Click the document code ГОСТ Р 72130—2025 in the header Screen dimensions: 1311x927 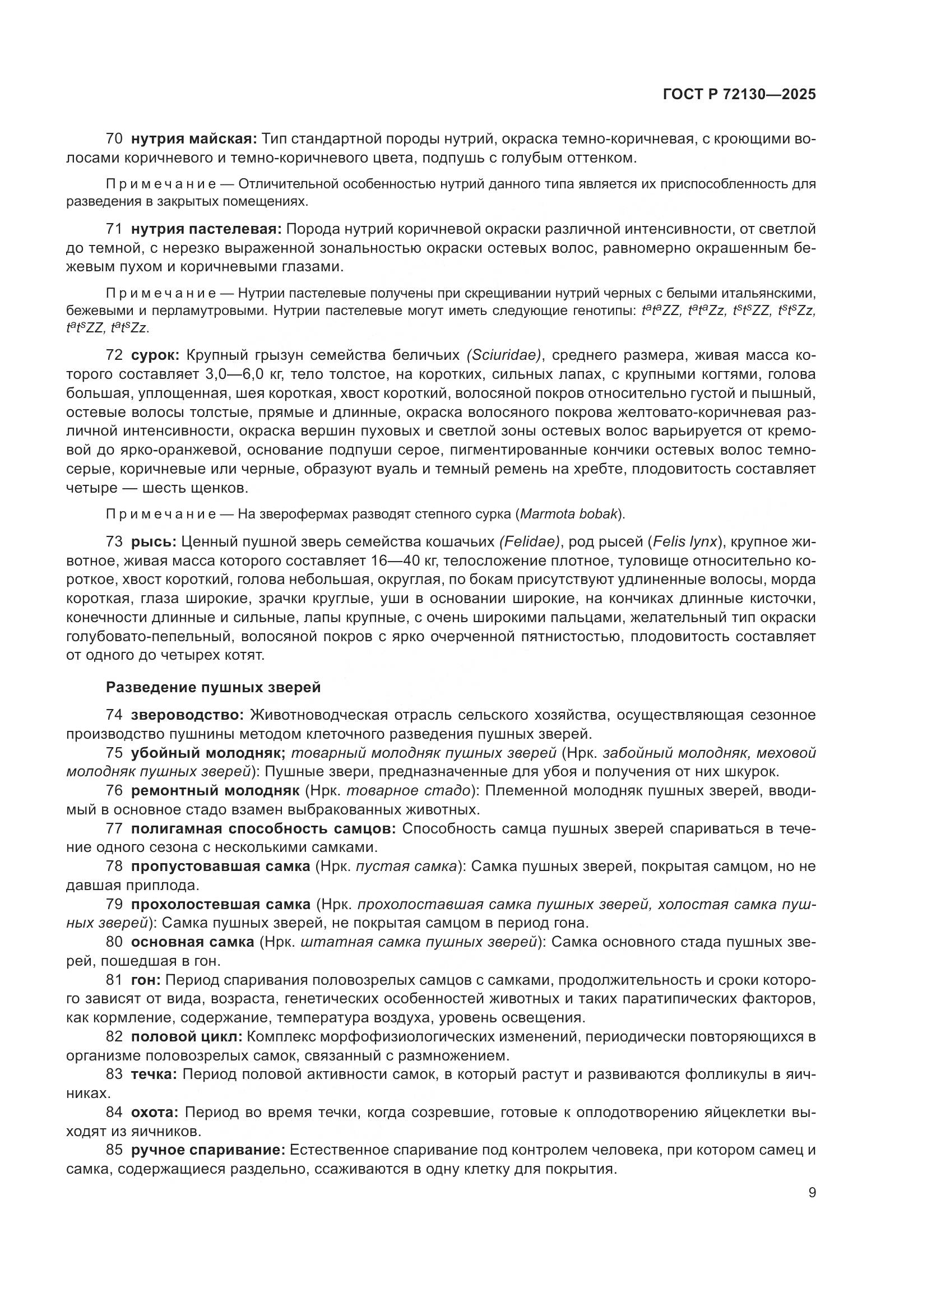[739, 94]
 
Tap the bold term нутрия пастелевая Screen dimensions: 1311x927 [206, 230]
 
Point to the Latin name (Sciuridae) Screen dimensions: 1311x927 [504, 355]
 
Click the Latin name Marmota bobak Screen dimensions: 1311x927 [568, 514]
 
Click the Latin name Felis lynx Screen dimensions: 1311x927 [685, 541]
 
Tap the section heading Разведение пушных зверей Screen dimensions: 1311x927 [213, 688]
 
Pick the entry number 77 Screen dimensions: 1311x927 [114, 828]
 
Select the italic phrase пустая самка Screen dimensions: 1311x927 [406, 867]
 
